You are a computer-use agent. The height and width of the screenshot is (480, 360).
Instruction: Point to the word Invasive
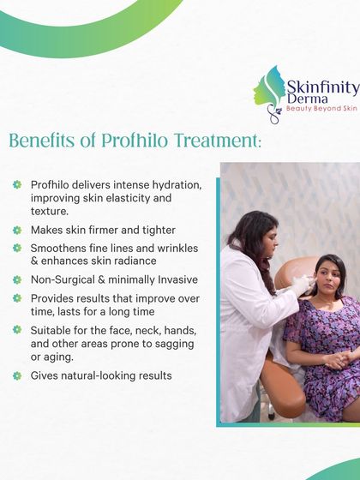172,279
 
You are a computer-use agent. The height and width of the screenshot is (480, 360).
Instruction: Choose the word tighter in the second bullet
155,230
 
